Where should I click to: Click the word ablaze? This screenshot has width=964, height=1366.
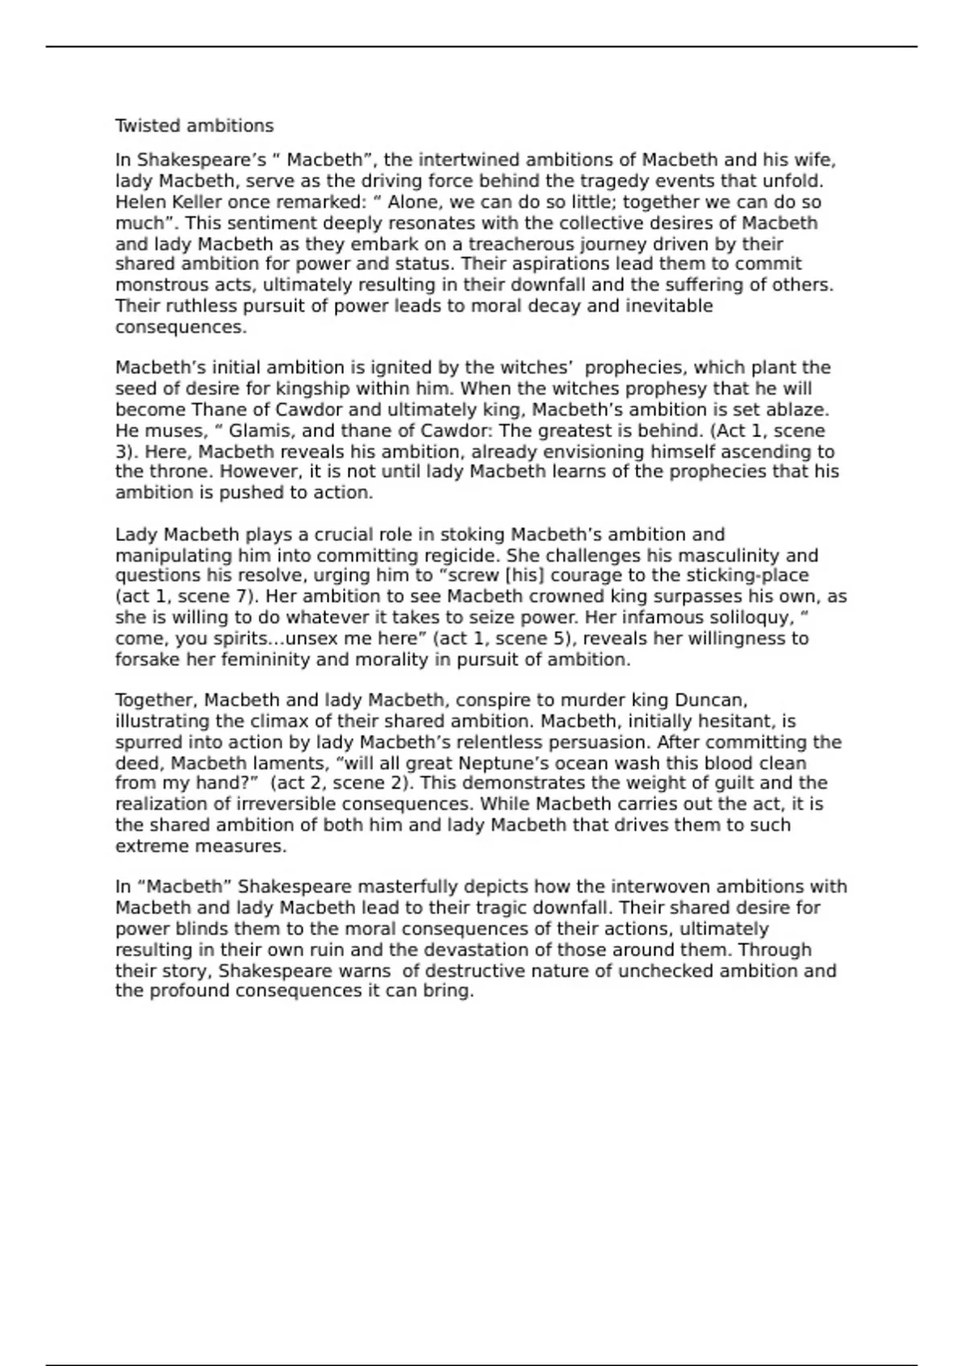[x=794, y=410]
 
